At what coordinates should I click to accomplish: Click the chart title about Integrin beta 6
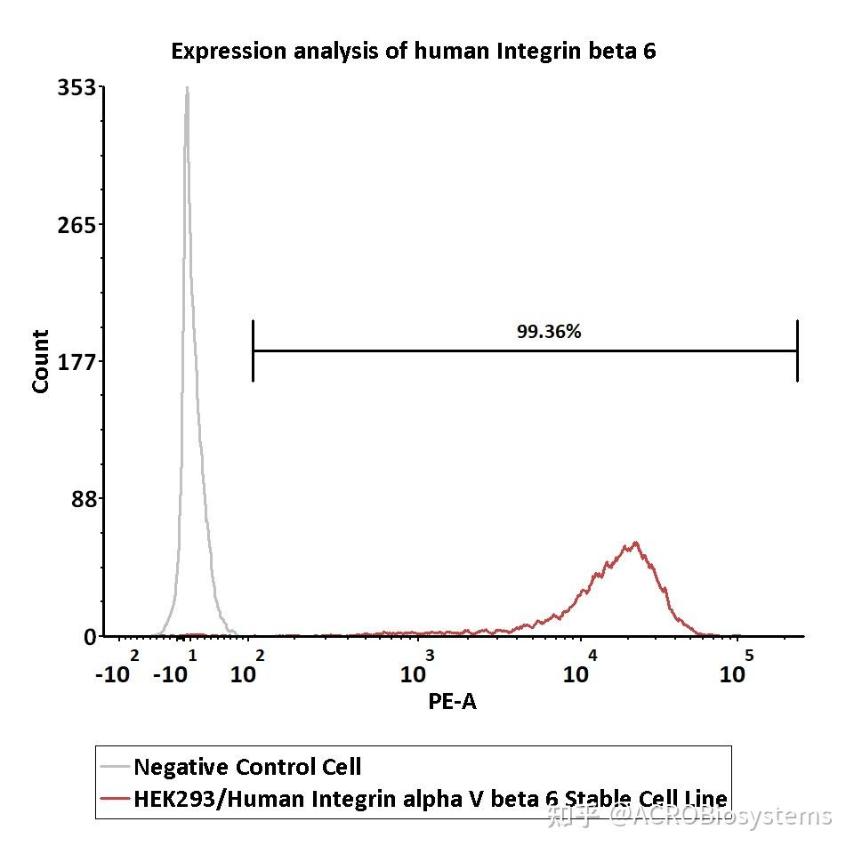click(x=414, y=51)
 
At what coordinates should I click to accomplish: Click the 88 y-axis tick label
click(x=85, y=498)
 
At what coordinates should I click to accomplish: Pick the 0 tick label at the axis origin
click(x=90, y=637)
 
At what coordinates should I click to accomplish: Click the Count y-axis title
click(x=41, y=361)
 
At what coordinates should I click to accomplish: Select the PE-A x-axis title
click(x=452, y=701)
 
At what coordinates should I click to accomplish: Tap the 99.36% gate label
click(x=549, y=332)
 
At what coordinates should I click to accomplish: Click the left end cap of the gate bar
click(x=254, y=350)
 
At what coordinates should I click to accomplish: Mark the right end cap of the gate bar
click(x=797, y=350)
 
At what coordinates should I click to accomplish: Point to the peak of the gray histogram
click(x=187, y=88)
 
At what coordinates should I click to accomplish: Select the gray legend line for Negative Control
click(x=114, y=766)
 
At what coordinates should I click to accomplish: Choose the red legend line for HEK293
click(x=114, y=798)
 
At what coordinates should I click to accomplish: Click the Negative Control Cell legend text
click(x=247, y=766)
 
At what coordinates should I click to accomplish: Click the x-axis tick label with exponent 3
click(x=418, y=667)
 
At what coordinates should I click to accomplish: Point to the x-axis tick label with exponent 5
click(x=737, y=667)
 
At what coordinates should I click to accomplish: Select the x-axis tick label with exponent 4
click(x=581, y=667)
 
